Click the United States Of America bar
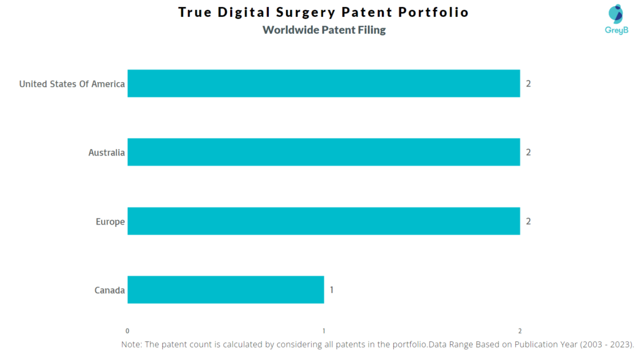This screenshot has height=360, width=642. tap(324, 83)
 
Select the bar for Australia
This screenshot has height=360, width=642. tap(324, 152)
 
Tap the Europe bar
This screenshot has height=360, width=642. tap(324, 221)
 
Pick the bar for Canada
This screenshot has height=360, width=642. tap(226, 290)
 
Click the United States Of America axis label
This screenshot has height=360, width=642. tap(72, 84)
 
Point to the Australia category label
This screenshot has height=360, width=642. tap(107, 152)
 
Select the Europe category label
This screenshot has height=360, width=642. tap(110, 221)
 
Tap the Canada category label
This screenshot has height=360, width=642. tap(110, 290)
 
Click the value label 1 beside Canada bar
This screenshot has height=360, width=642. tap(332, 290)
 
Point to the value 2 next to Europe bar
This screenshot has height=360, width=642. tap(529, 221)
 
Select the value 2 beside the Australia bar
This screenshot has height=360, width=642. tap(529, 152)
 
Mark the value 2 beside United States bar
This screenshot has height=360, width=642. tap(529, 83)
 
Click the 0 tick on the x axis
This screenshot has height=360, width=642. tap(127, 331)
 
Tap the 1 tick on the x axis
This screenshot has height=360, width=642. tap(324, 331)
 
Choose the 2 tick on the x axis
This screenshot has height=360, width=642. tap(520, 331)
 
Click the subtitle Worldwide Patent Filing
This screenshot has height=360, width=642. tap(324, 30)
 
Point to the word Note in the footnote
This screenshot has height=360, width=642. tap(132, 344)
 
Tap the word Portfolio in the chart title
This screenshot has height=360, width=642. tap(437, 13)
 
